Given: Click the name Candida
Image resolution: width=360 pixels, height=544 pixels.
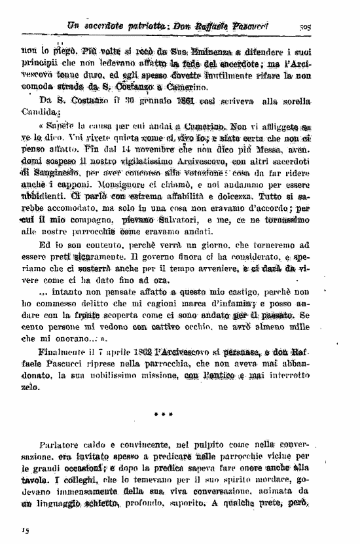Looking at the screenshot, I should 40,113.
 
